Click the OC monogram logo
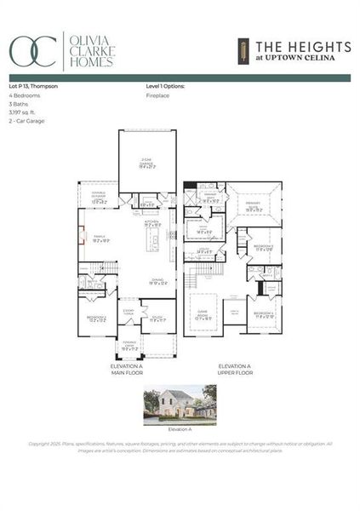tap(33, 50)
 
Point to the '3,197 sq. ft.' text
tap(22, 112)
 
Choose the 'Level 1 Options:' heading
tap(165, 87)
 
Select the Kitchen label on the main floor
tap(152, 223)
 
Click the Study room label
tap(157, 318)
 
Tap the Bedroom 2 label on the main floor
tap(98, 319)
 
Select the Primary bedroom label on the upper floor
tap(254, 208)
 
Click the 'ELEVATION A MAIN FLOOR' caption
tap(133, 370)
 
